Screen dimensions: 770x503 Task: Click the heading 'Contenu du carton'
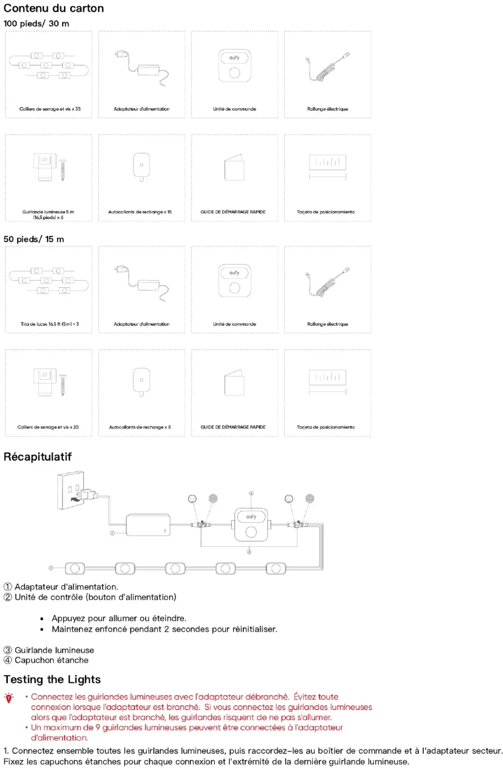pos(54,8)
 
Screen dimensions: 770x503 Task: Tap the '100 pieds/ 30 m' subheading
pos(36,24)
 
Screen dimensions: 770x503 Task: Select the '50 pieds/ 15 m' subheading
pos(34,239)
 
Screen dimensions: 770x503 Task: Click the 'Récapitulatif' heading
pos(37,457)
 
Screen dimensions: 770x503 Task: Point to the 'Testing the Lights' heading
pos(52,679)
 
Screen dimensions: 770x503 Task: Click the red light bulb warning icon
pos(9,698)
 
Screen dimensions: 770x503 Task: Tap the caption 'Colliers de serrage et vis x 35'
pos(50,109)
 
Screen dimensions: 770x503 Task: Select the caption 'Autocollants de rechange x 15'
pos(140,212)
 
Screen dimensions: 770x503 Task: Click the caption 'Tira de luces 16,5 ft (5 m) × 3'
pos(50,324)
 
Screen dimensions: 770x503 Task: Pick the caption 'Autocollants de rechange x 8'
pos(140,427)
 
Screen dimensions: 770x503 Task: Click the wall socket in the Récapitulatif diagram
pos(71,490)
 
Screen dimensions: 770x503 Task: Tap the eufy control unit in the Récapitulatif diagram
pos(251,525)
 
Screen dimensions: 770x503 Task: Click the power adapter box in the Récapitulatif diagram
pos(148,525)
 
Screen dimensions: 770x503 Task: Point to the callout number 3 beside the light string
pos(51,568)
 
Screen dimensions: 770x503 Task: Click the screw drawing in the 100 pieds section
pos(63,170)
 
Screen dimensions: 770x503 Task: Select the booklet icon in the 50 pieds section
pos(234,382)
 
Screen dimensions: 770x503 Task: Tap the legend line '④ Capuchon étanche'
pos(46,660)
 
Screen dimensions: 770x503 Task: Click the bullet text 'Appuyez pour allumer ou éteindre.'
pos(119,619)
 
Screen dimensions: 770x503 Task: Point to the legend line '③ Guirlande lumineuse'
pos(49,650)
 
